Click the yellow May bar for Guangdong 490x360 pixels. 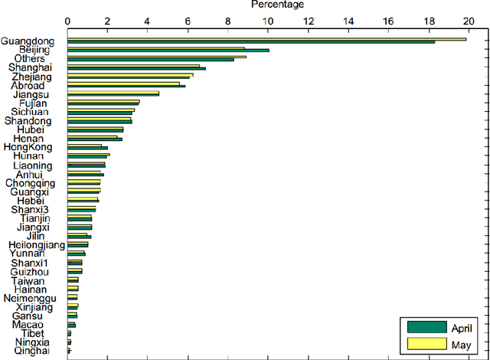pos(266,39)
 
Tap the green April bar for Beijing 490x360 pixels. pos(168,51)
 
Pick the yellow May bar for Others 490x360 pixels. pos(157,57)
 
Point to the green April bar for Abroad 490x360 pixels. pos(126,86)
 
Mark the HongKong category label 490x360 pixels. pos(28,147)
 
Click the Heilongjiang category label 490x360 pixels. pos(33,244)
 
